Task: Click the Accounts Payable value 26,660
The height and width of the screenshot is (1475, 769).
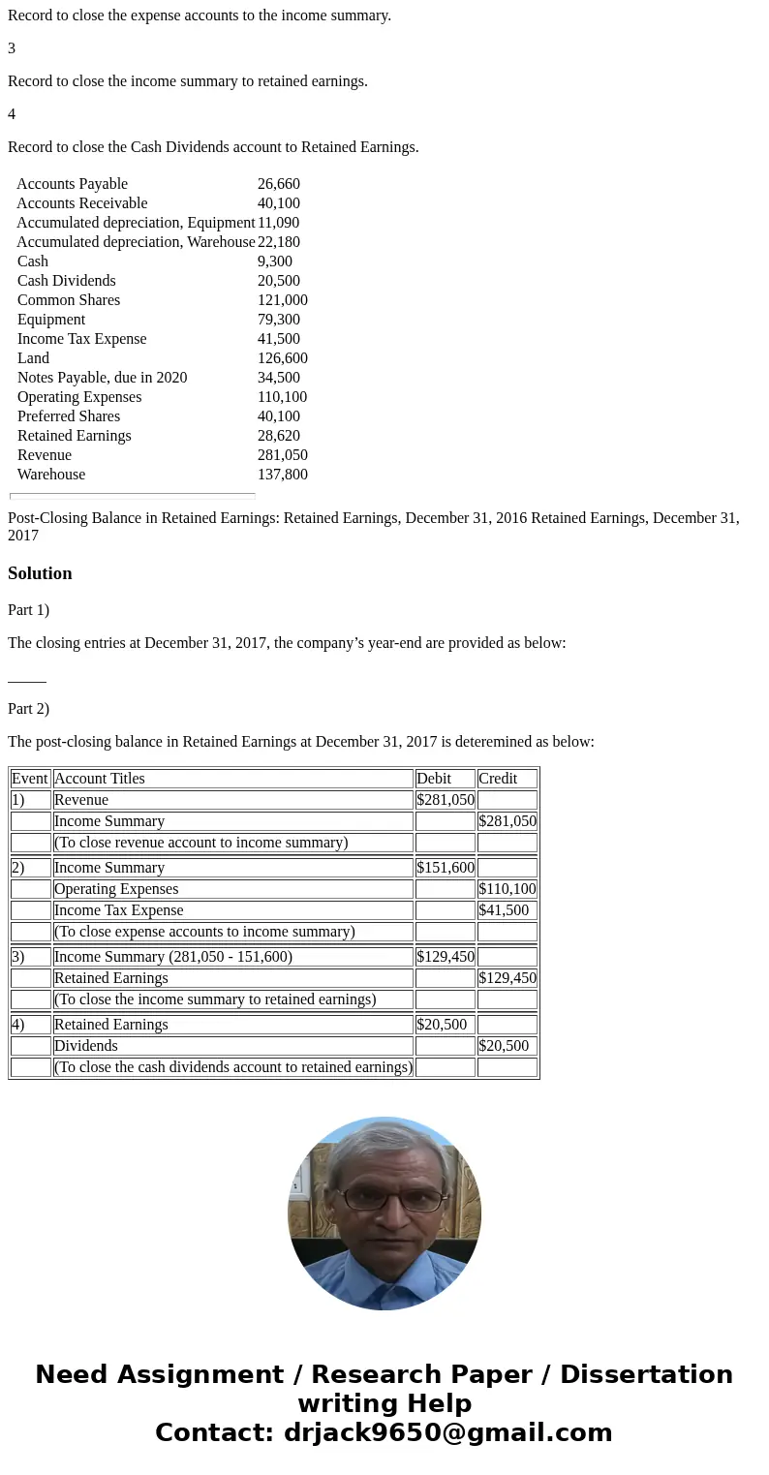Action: point(279,184)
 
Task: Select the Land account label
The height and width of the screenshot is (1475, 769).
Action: point(33,358)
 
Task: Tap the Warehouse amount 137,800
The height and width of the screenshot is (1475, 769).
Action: point(283,475)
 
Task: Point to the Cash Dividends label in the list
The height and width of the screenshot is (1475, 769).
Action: point(66,281)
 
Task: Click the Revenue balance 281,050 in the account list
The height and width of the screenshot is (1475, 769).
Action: point(283,455)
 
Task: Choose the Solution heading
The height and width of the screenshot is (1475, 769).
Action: point(40,573)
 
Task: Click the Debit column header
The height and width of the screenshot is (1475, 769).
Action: point(434,779)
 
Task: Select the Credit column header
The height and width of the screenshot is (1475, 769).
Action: point(498,779)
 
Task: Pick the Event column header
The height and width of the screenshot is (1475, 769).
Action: point(30,779)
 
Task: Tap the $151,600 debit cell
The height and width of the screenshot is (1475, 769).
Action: point(445,868)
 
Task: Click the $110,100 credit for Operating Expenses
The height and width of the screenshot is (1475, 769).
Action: point(508,889)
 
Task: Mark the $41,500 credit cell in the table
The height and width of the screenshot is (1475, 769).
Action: point(504,910)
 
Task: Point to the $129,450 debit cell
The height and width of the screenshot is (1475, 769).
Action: point(445,957)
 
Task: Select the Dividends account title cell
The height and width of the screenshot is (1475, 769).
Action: point(86,1046)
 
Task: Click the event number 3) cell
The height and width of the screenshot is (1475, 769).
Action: point(18,957)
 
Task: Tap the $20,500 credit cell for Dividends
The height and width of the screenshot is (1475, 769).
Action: point(504,1046)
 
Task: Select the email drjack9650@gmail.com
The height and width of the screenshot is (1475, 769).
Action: point(447,1432)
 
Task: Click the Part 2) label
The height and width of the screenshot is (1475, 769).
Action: point(28,709)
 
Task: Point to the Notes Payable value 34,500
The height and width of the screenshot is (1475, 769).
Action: point(279,378)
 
